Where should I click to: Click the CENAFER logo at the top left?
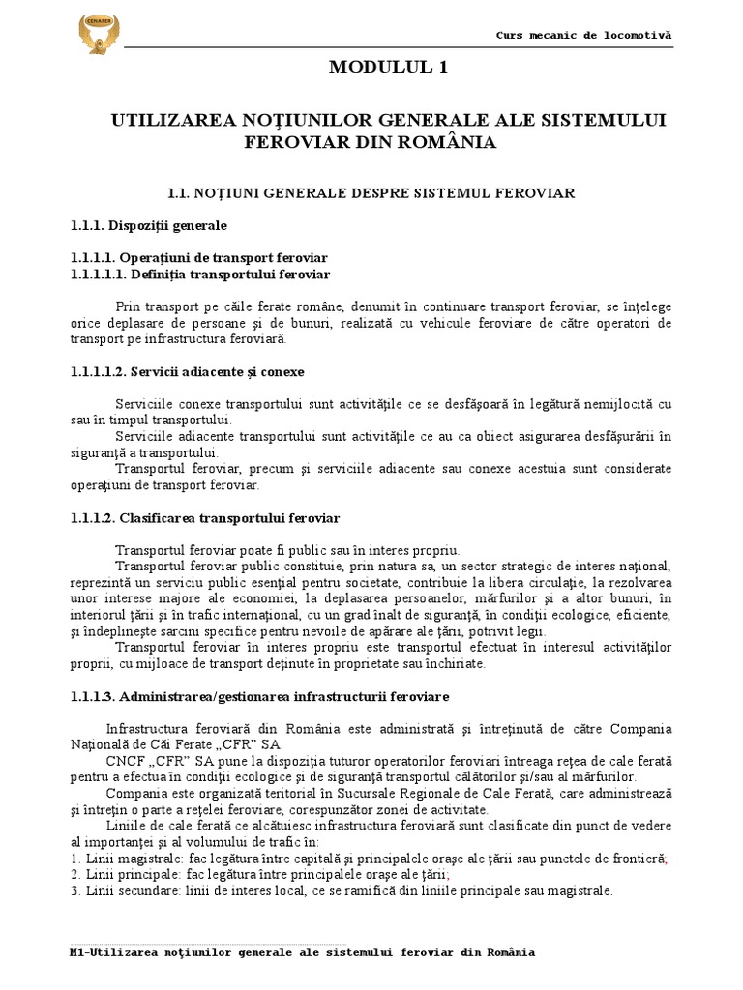(x=101, y=35)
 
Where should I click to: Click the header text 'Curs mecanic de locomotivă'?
(x=582, y=35)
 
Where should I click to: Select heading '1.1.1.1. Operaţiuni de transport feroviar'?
(x=199, y=258)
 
